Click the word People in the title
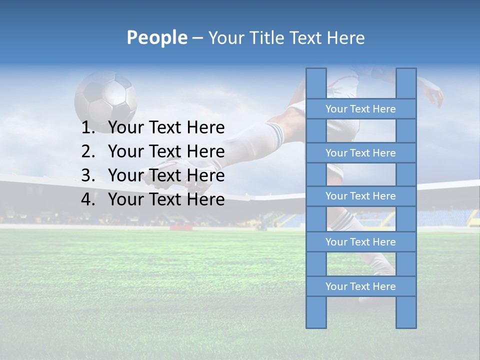pos(156,37)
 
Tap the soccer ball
pos(105,96)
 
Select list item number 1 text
pos(166,128)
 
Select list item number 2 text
pos(166,151)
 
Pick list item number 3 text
pos(166,175)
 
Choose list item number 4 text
pos(166,199)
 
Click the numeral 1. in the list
pos(88,128)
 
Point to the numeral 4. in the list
pos(88,199)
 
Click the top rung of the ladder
pos(360,109)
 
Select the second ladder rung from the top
pos(360,153)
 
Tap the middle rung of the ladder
pos(360,196)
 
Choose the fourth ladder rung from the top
pos(360,242)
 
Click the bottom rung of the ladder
pos(360,286)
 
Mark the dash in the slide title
pos(197,38)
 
